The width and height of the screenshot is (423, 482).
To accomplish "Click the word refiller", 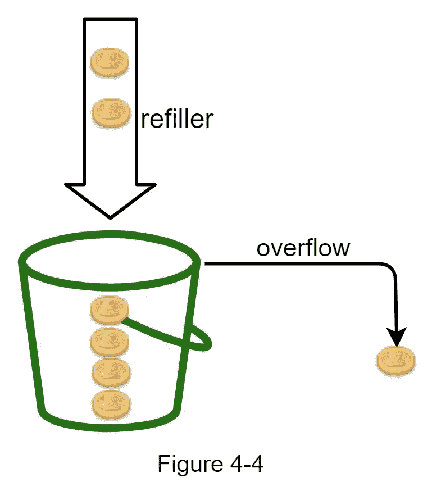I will point(177,119).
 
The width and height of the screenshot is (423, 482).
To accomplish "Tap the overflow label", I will point(303,248).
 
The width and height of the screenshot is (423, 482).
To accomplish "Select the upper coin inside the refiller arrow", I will point(110,62).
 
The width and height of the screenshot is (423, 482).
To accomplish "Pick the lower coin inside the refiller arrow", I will point(110,112).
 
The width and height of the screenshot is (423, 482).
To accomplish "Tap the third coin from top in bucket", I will point(110,371).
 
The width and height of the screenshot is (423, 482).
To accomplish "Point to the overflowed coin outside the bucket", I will point(396,361).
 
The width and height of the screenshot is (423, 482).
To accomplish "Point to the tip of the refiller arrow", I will point(110,216).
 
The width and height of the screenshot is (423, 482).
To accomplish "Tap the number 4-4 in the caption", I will point(243,465).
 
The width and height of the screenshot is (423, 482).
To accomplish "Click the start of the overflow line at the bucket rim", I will point(207,263).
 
